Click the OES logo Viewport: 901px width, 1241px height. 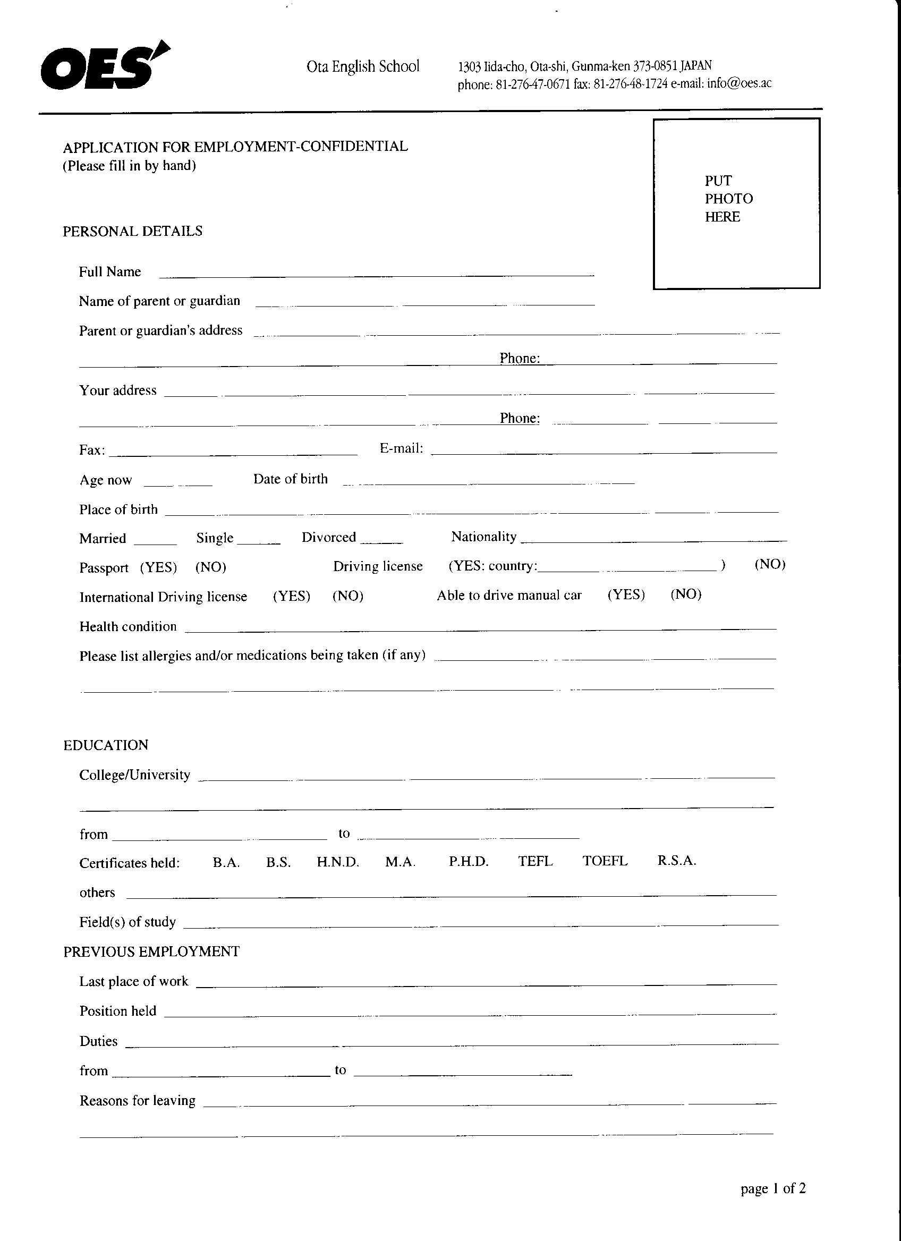point(104,67)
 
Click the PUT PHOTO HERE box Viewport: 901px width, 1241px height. point(736,203)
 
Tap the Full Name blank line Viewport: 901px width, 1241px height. point(376,272)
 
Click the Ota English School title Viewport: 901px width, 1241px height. point(363,67)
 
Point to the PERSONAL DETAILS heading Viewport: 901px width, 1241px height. point(132,232)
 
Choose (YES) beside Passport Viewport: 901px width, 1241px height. point(159,567)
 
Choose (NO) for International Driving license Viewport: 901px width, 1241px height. point(348,596)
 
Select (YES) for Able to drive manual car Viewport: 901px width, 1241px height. point(626,595)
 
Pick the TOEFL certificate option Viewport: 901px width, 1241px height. point(605,861)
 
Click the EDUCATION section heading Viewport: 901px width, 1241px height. point(106,745)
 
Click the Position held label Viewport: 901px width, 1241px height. point(117,1011)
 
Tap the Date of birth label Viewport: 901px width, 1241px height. point(290,479)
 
